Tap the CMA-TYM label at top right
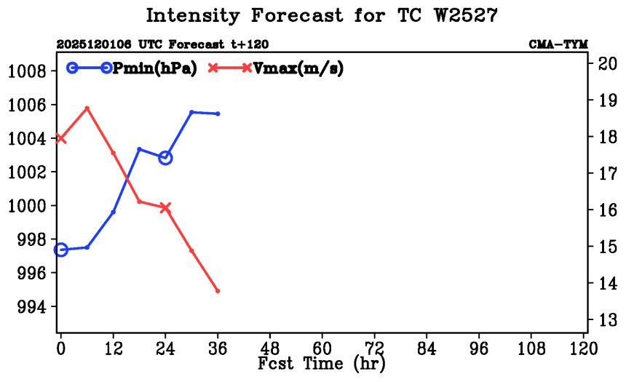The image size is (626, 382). click(558, 44)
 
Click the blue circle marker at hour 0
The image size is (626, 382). click(61, 250)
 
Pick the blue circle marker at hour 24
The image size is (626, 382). click(165, 158)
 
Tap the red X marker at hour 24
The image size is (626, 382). click(165, 208)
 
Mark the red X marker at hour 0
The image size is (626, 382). click(61, 138)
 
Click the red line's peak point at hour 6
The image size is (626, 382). click(87, 108)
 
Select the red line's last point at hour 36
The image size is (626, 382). click(218, 291)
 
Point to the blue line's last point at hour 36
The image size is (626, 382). click(218, 114)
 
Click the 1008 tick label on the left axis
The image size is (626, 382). click(27, 71)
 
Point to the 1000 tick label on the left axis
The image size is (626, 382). click(27, 206)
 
